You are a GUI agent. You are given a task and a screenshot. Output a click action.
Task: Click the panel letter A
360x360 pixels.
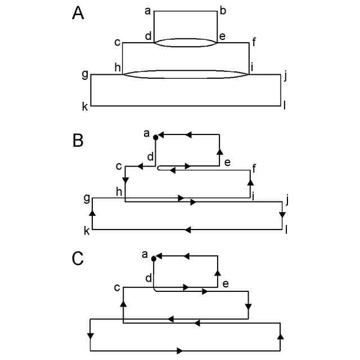pyautogui.click(x=78, y=13)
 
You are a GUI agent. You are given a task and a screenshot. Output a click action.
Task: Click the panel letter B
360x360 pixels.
pyautogui.click(x=78, y=139)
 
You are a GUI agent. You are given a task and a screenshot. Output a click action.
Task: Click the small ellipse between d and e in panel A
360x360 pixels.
pyautogui.click(x=186, y=43)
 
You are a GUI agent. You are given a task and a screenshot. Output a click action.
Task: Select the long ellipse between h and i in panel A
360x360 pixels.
pyautogui.click(x=186, y=74)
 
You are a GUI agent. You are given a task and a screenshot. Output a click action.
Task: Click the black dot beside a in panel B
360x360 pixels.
pyautogui.click(x=156, y=136)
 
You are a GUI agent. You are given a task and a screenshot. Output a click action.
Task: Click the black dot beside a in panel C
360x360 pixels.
pyautogui.click(x=154, y=258)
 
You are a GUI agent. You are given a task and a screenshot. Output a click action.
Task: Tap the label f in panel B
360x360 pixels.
pyautogui.click(x=255, y=167)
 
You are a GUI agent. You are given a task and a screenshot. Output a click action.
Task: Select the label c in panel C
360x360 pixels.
pyautogui.click(x=117, y=288)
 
